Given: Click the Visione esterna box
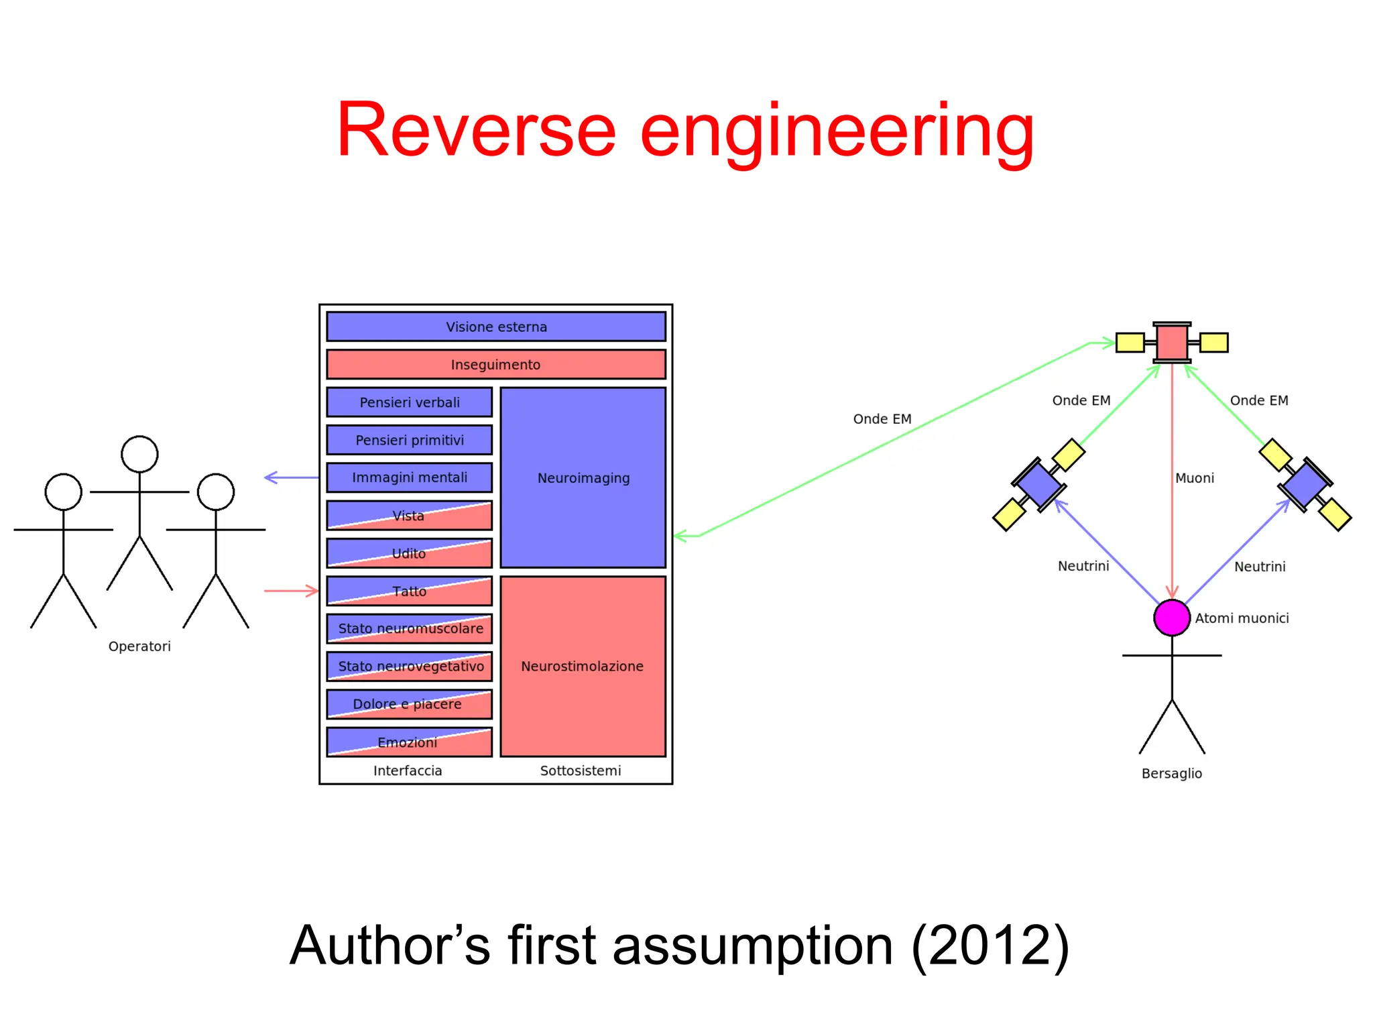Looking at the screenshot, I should [496, 327].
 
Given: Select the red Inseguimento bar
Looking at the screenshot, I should [496, 364].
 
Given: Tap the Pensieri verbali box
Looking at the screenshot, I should [410, 402].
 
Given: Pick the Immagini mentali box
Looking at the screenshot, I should [410, 477].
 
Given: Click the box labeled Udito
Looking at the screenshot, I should [410, 553].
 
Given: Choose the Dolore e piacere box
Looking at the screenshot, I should [410, 704].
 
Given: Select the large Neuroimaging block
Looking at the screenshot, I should [583, 477].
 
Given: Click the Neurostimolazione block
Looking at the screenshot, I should [583, 666].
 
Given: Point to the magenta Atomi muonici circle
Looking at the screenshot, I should [1171, 618].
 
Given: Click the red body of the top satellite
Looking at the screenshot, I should [1172, 342].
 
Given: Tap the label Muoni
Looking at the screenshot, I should [1195, 478].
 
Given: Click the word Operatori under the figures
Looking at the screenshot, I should [139, 646].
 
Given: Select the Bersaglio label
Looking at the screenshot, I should [1172, 773].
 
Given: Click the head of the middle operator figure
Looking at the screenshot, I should [139, 454].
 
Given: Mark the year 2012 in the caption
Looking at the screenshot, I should [990, 946].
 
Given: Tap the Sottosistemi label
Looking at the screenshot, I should [581, 770].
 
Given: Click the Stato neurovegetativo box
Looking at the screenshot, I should [410, 667].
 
